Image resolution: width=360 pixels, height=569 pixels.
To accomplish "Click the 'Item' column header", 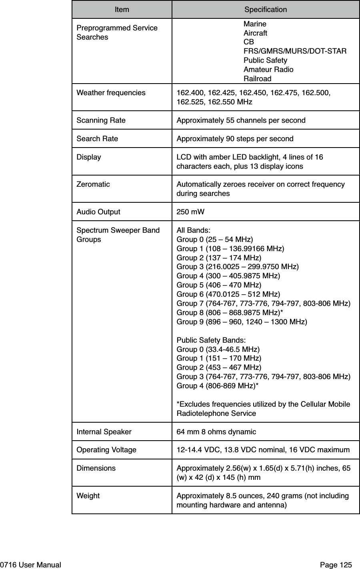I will coord(122,9).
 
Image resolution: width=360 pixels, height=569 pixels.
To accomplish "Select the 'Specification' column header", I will coord(265,9).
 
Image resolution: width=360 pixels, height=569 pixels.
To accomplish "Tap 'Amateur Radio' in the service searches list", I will coord(268,70).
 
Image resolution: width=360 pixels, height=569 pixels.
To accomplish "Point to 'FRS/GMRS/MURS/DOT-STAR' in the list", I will coord(295,51).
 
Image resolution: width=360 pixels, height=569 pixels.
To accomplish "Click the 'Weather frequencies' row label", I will coord(111,93).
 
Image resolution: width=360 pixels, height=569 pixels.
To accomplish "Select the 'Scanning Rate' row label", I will coord(101,120).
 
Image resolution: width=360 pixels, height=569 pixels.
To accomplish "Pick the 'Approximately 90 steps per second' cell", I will coord(235,139).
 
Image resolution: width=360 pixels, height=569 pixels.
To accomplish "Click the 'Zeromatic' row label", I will coord(93,184).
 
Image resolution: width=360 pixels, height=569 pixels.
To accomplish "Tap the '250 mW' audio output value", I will coord(190,212).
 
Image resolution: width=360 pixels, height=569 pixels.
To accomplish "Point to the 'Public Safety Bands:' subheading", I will coord(211,340).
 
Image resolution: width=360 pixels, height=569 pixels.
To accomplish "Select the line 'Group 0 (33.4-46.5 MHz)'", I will coord(218,349).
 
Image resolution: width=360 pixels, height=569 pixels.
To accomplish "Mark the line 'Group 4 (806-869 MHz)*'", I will coord(217,386).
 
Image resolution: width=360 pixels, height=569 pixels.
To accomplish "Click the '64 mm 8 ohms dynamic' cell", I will coord(216,432).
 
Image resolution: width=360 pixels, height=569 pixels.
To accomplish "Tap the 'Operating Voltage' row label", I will coord(106,450).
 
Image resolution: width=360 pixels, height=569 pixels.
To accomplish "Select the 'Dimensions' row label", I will coord(96,468).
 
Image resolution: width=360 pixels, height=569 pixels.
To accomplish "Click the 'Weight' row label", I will coord(88,496).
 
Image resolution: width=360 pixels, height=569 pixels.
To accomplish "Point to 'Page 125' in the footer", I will coord(336,565).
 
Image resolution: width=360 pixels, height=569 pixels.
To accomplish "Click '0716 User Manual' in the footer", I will coord(31,565).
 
